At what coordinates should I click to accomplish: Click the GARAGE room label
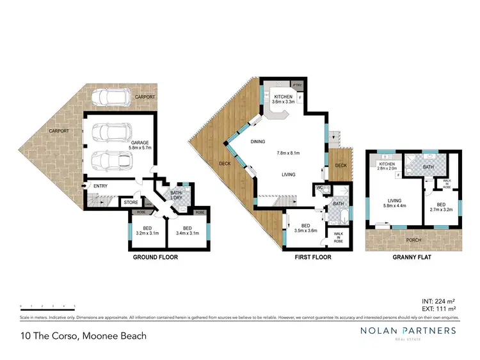point(140,144)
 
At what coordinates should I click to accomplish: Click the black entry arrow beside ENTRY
point(84,187)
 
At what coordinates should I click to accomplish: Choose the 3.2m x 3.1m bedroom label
point(147,231)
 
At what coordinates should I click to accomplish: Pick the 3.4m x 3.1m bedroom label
point(188,231)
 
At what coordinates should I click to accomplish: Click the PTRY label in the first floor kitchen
point(297,84)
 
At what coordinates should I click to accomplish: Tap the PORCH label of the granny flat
point(413,241)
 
